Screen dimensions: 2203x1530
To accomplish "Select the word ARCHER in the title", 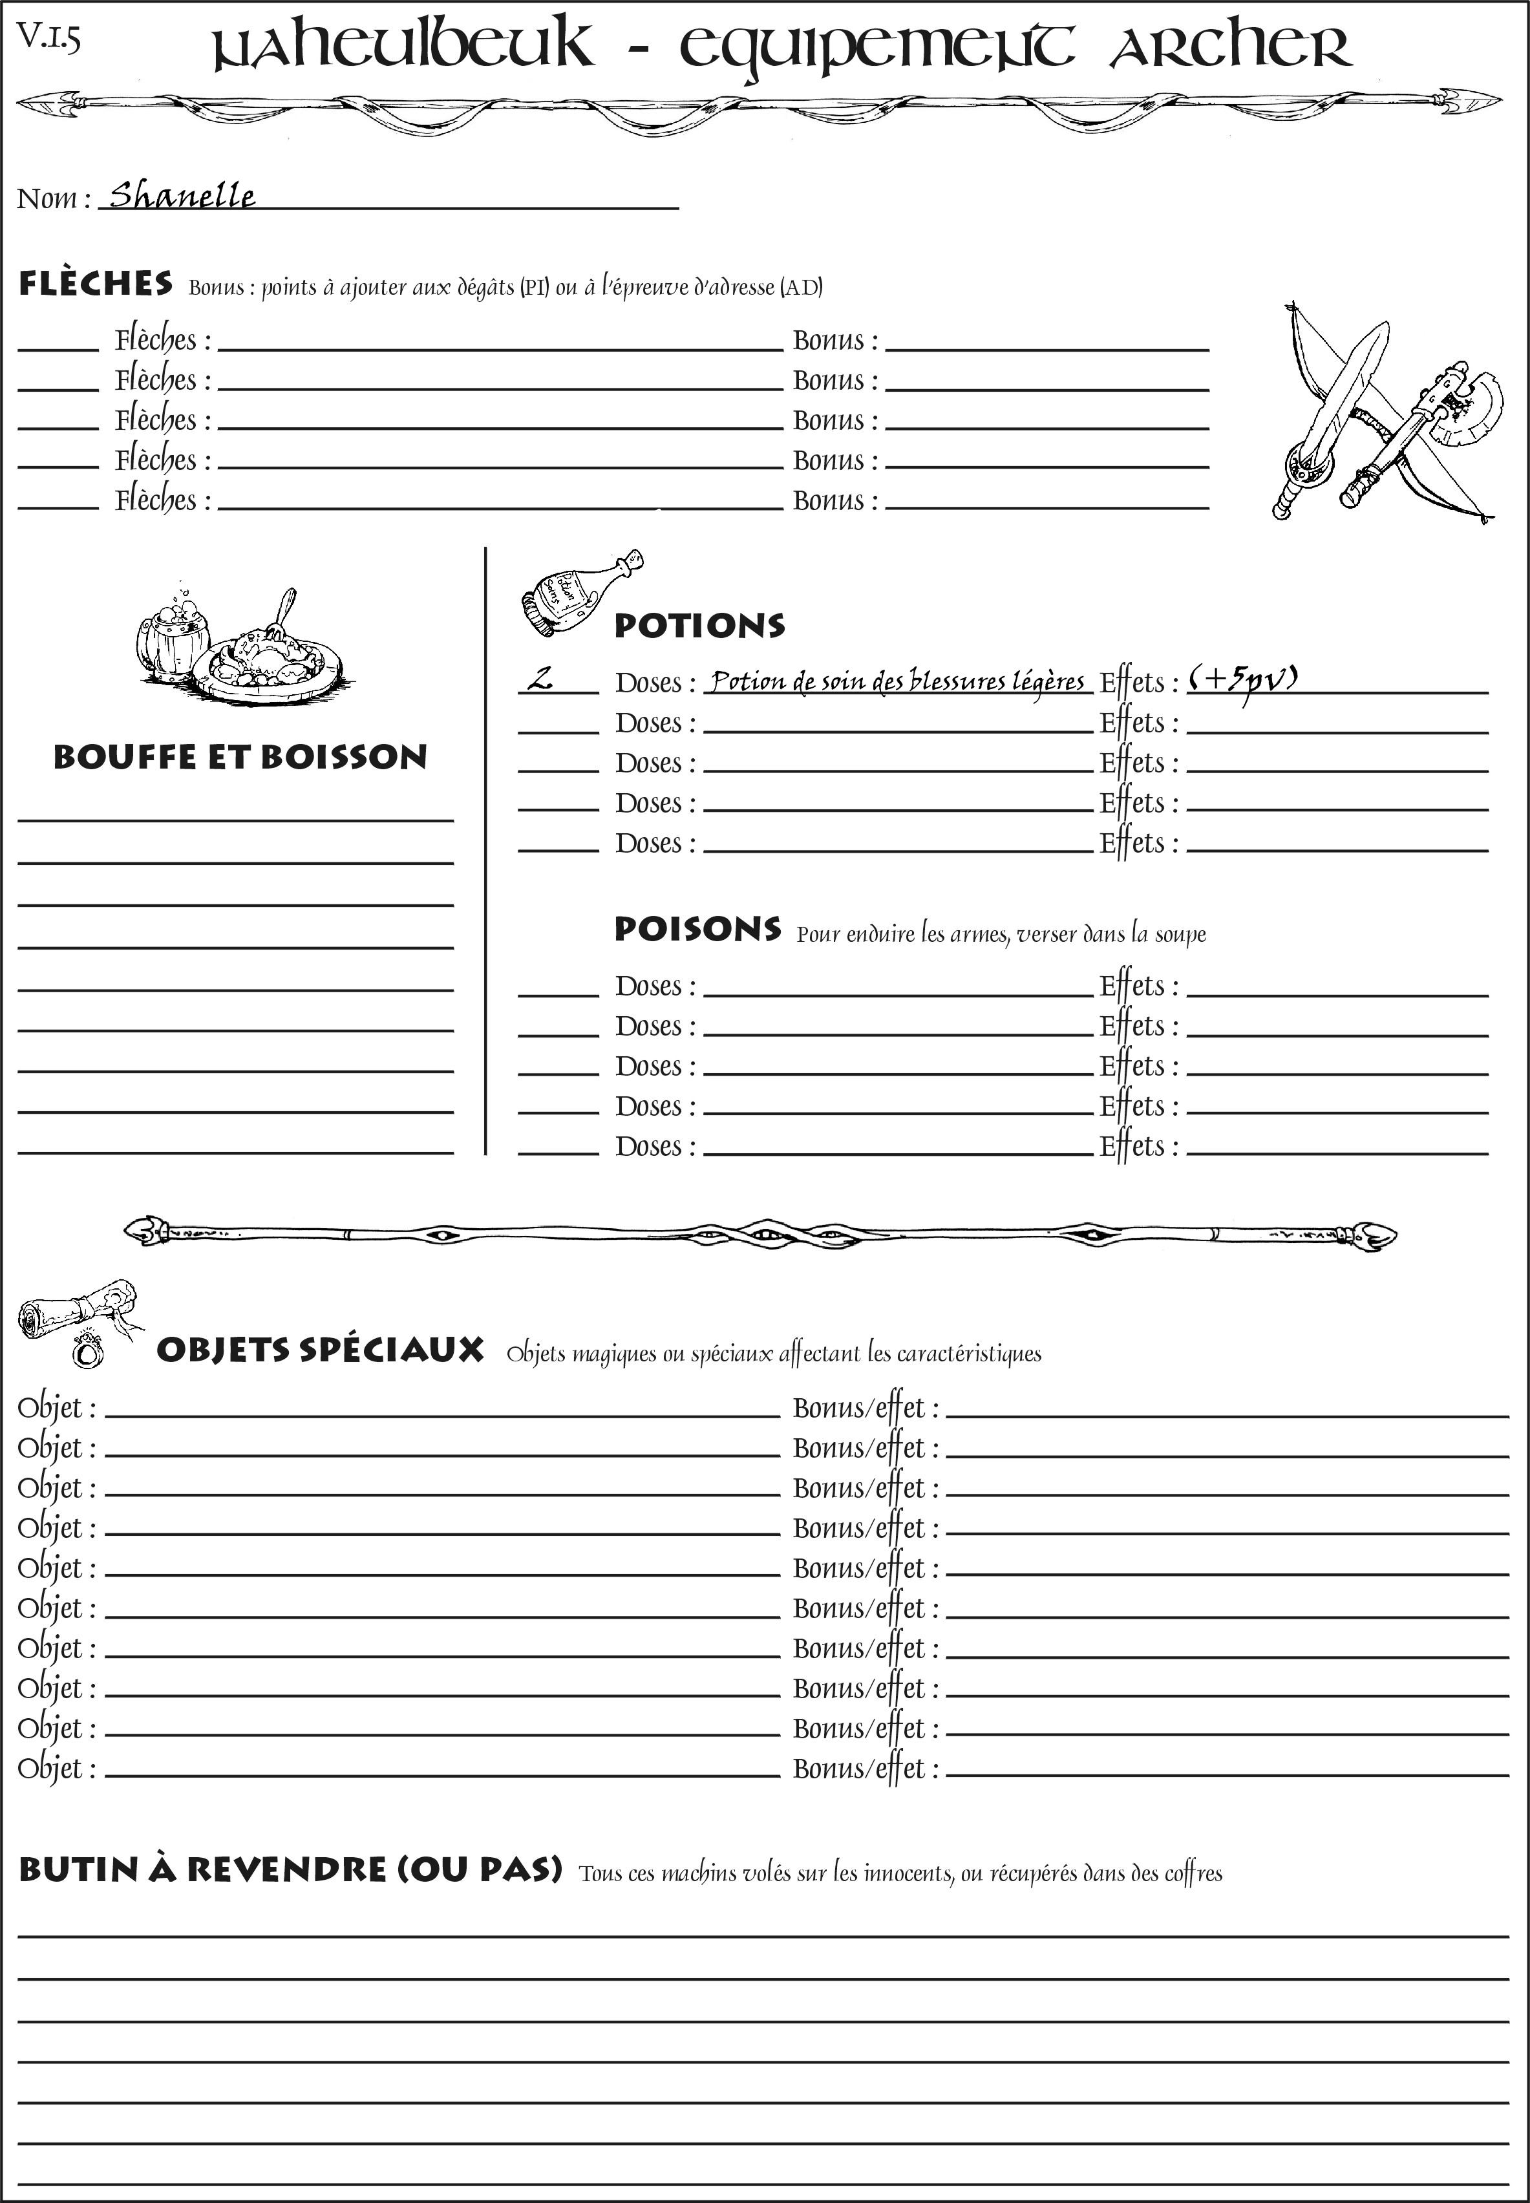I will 1230,47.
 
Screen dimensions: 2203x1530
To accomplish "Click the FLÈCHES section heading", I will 96,284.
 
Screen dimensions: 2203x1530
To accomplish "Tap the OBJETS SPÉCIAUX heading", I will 319,1350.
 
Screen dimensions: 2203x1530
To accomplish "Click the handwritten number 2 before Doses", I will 542,679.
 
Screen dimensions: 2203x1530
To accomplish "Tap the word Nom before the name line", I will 47,198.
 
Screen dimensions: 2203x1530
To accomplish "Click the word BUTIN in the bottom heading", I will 75,1869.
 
